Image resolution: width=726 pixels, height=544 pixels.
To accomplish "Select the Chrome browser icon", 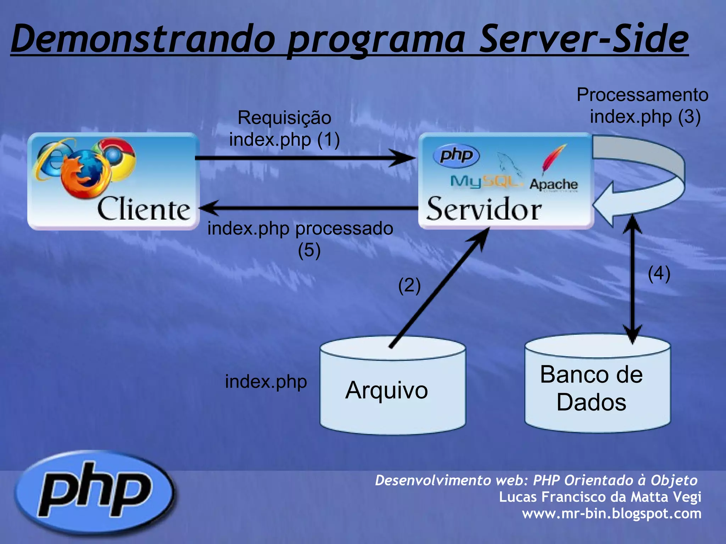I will pos(115,155).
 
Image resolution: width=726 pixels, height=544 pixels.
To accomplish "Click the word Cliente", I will pos(144,209).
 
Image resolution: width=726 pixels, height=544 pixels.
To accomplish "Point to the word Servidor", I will pos(484,209).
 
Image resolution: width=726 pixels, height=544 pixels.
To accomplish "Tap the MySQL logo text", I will pos(486,182).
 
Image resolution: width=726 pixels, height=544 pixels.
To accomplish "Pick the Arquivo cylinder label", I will pos(387,390).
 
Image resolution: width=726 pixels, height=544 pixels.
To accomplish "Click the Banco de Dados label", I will pos(591,388).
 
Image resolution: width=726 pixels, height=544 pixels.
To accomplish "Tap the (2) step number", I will pos(409,285).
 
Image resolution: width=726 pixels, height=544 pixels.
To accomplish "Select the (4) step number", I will pos(659,273).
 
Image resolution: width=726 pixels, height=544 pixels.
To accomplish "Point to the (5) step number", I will pos(309,250).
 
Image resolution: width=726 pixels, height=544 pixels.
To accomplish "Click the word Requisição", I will pos(284,118).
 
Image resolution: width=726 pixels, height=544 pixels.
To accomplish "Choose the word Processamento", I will pos(642,95).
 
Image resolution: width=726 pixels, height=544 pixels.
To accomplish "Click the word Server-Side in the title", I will pos(583,39).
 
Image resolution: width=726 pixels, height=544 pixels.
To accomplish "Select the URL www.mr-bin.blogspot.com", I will pos(611,513).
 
